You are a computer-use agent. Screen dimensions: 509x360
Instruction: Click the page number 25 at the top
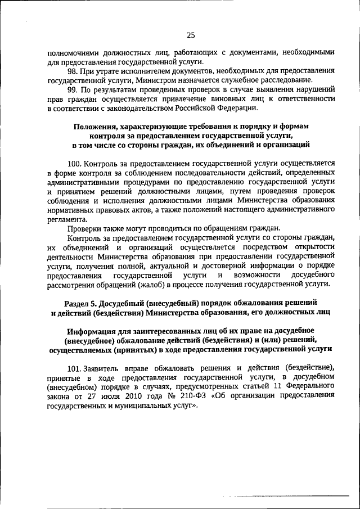(191, 35)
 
